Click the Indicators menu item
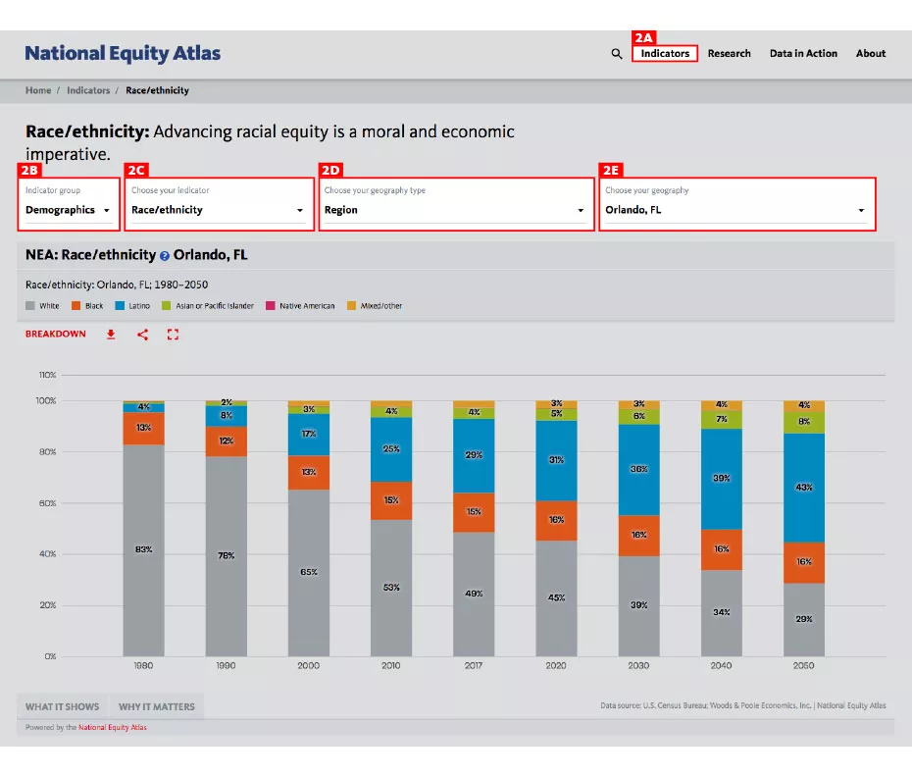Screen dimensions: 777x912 665,53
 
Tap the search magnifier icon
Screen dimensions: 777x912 617,54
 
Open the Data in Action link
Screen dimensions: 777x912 803,53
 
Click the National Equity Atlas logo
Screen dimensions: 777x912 123,53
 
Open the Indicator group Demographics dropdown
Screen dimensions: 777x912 68,210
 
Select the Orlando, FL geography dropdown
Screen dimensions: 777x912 735,210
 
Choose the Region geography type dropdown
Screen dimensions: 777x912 455,210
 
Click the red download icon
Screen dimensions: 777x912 111,335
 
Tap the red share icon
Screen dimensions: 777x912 142,335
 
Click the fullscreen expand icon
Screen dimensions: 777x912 174,335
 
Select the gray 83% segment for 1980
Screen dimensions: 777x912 143,549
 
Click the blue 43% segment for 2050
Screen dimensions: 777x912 803,488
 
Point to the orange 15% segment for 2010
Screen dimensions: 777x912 391,500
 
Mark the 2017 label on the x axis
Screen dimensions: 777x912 474,665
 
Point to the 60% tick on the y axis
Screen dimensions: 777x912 46,503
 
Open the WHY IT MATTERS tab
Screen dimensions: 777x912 156,706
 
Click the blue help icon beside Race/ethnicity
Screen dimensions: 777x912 165,256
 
